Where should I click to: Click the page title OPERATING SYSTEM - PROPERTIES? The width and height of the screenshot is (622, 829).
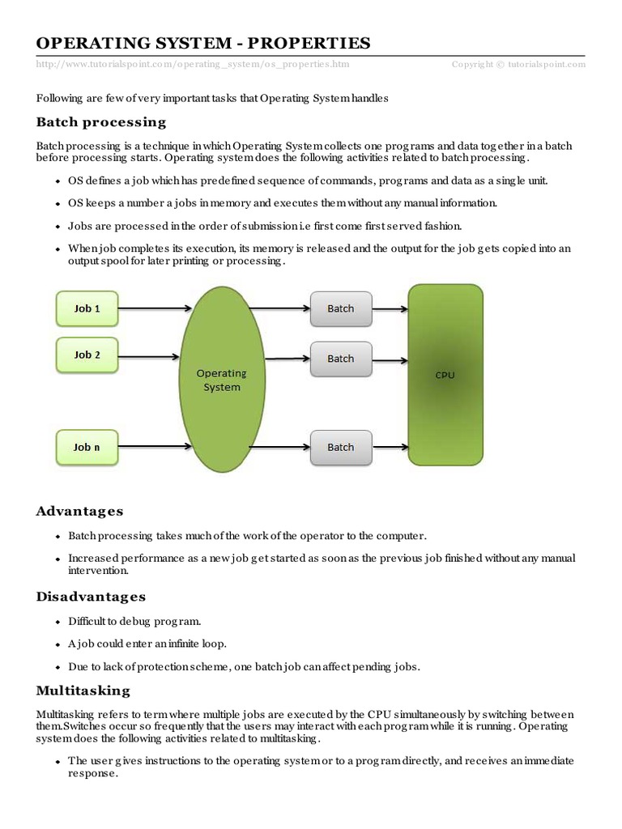coord(203,43)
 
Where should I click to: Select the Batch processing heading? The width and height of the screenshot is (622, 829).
coord(101,122)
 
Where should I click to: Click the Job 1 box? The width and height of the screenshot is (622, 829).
coord(87,308)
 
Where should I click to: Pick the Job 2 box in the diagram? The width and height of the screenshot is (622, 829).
coord(87,355)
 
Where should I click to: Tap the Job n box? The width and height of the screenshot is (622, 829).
coord(87,447)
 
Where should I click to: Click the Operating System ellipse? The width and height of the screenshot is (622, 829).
coord(221,380)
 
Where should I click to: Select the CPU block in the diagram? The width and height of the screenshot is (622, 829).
coord(445,375)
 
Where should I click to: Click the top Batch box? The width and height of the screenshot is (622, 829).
coord(340,308)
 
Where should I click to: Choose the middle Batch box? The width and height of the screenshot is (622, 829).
coord(340,359)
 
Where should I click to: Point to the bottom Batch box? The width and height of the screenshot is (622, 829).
coord(340,447)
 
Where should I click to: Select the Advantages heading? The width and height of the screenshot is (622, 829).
coord(79,511)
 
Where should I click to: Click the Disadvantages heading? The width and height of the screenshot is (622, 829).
coord(91,597)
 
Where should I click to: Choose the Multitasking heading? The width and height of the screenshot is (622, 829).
coord(83,691)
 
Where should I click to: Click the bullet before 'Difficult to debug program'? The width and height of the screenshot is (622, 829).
coord(58,623)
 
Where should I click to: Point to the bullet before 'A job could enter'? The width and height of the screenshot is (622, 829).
coord(58,645)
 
